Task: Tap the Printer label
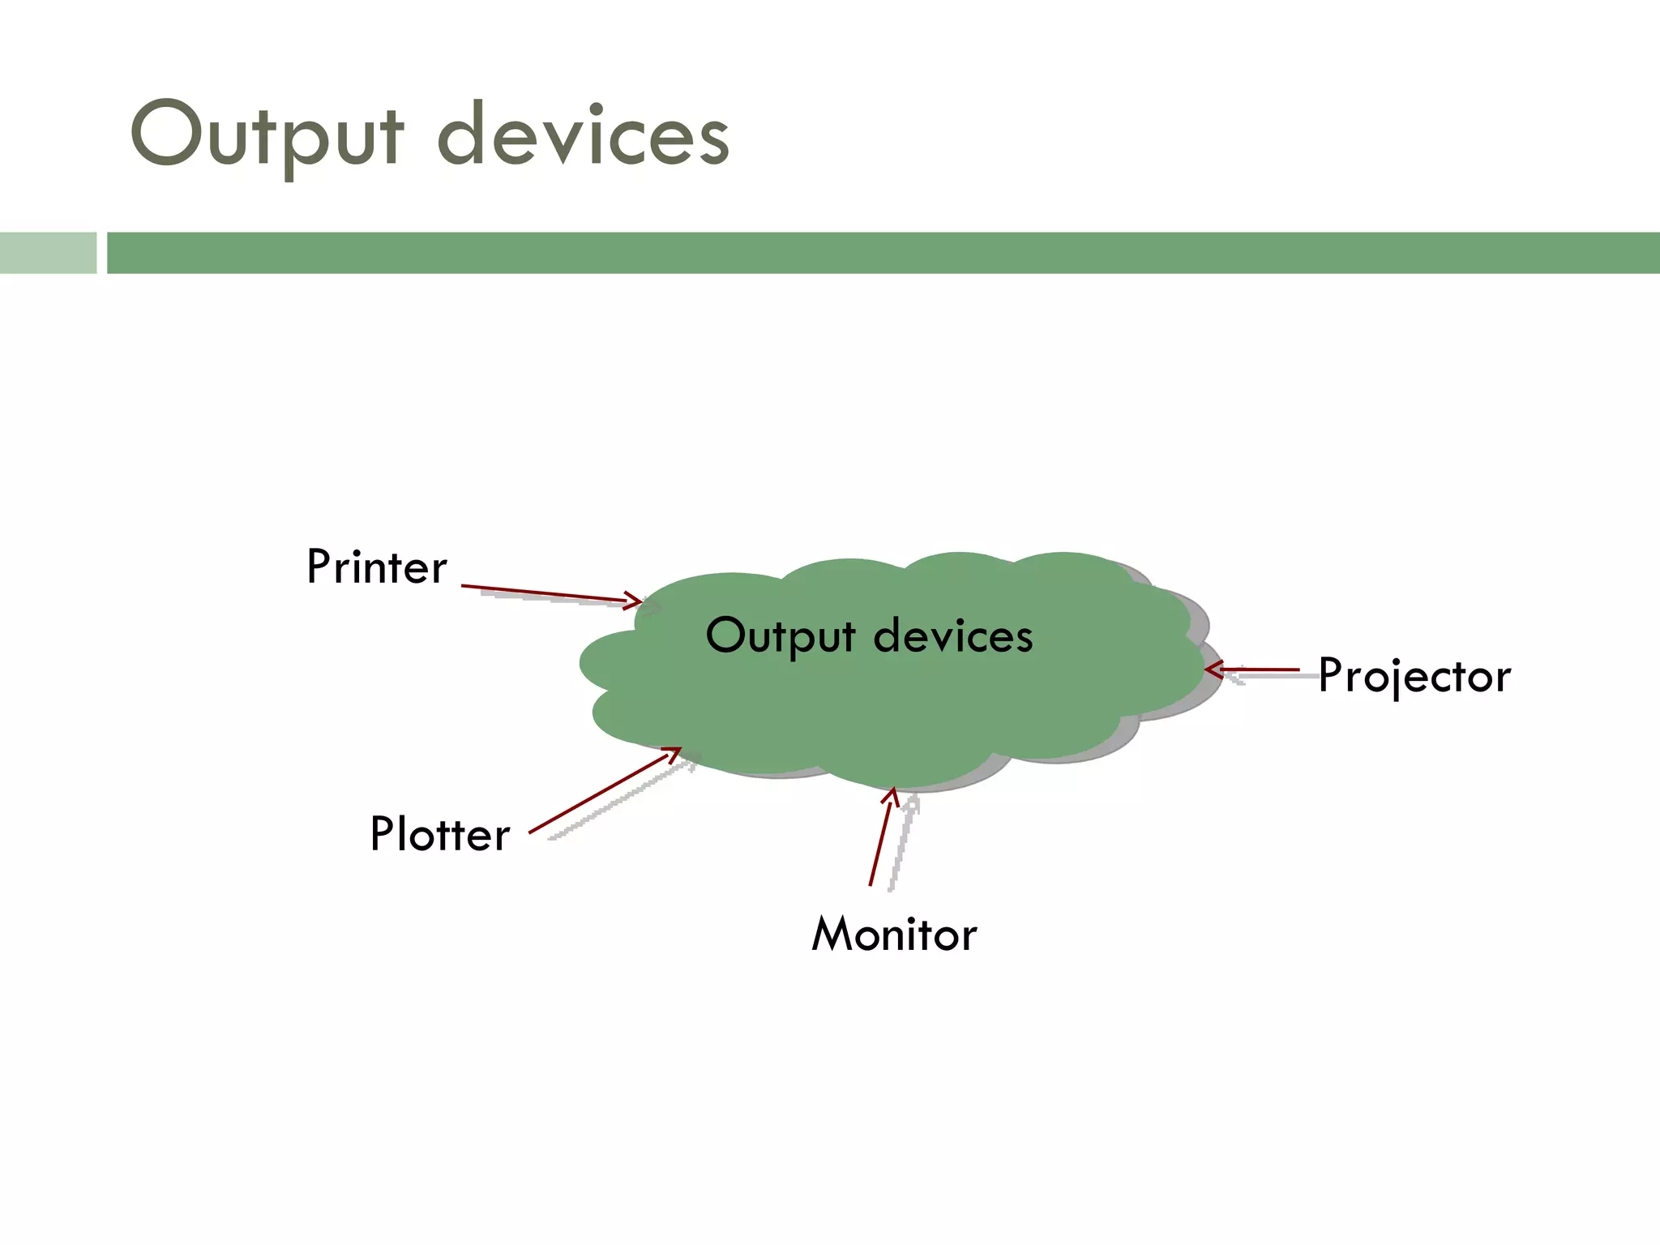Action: tap(376, 567)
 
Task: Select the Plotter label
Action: tap(440, 834)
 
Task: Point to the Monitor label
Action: tap(894, 935)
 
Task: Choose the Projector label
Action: tap(1414, 676)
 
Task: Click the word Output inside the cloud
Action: tap(781, 636)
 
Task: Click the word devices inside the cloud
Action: tap(953, 636)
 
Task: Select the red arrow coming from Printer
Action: tap(551, 594)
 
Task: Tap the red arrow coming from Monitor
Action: tap(880, 839)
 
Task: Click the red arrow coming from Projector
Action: tap(1256, 670)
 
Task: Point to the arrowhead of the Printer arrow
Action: tap(635, 601)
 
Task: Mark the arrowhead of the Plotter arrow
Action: tap(673, 754)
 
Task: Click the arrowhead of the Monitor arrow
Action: tap(892, 795)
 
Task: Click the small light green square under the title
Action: tap(48, 253)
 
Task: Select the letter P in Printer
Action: tap(318, 567)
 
